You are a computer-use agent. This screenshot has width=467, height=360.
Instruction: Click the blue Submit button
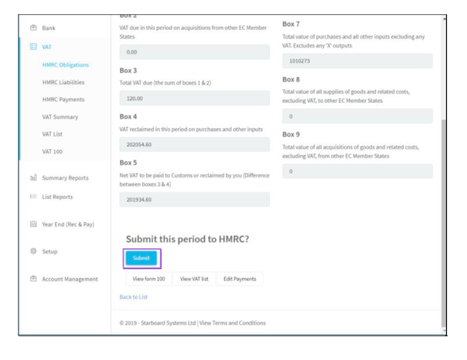click(x=142, y=258)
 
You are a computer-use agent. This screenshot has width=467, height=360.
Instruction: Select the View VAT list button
click(x=195, y=279)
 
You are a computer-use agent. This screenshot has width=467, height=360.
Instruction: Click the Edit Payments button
click(x=240, y=279)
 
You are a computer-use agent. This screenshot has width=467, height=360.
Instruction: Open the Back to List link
click(x=133, y=297)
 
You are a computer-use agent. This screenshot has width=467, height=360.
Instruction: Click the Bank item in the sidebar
click(x=48, y=28)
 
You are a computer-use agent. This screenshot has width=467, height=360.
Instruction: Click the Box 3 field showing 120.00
click(x=194, y=98)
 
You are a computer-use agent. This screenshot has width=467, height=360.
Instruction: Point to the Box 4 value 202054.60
click(x=194, y=144)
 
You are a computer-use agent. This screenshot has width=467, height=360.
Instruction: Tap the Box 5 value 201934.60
click(x=194, y=199)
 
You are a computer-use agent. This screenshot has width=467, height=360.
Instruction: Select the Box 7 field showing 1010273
click(x=358, y=61)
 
